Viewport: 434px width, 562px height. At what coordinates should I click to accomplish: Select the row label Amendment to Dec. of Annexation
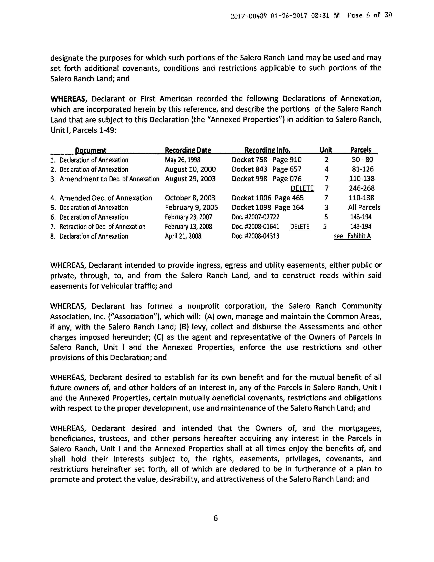pyautogui.click(x=109, y=179)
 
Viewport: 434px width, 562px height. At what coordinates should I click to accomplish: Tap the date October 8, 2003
pyautogui.click(x=190, y=198)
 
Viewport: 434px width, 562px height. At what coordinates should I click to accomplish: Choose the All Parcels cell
pyautogui.click(x=364, y=207)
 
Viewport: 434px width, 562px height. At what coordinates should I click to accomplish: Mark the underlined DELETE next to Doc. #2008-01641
pyautogui.click(x=300, y=227)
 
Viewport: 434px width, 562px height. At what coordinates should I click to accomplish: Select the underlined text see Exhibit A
pyautogui.click(x=352, y=236)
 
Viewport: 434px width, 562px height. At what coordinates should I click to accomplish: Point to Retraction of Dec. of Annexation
pyautogui.click(x=102, y=227)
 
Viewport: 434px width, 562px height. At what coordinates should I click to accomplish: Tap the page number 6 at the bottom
pyautogui.click(x=215, y=518)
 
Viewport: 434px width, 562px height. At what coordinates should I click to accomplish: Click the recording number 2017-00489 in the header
pyautogui.click(x=248, y=16)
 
